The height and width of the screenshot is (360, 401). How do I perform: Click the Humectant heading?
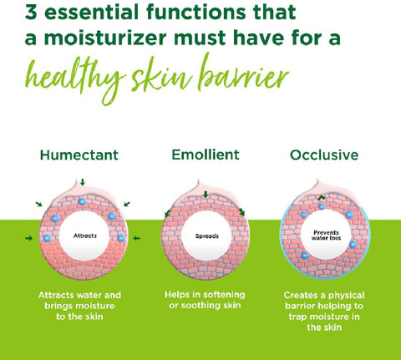click(79, 155)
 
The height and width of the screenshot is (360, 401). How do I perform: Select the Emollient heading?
click(206, 155)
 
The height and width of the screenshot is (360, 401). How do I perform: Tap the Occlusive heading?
click(324, 155)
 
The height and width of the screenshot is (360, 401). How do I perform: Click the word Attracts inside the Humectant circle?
click(85, 236)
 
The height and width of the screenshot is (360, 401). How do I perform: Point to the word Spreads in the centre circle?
click(207, 236)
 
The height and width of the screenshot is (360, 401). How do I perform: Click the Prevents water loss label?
click(326, 235)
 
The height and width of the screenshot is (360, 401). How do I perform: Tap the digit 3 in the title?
click(31, 12)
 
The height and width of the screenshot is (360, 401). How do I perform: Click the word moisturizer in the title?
click(105, 38)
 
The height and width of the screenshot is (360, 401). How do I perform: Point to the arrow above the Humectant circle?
click(82, 182)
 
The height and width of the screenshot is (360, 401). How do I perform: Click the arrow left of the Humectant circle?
click(28, 238)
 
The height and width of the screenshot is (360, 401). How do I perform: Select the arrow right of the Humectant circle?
click(136, 238)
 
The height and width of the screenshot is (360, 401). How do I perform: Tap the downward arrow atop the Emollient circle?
click(206, 195)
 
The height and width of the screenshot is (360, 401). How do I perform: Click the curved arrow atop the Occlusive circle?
click(322, 197)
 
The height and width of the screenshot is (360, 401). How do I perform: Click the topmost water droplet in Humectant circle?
click(82, 201)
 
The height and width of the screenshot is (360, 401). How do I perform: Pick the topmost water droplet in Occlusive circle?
click(322, 206)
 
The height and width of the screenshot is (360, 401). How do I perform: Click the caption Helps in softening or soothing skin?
click(205, 300)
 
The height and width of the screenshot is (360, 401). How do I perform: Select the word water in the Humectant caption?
click(89, 295)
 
